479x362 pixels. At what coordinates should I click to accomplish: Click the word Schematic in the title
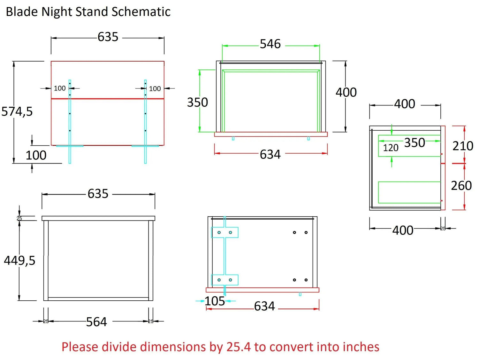141,12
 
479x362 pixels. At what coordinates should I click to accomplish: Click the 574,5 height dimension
17,112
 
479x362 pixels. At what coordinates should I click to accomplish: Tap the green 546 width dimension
270,44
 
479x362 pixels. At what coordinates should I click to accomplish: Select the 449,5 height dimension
19,260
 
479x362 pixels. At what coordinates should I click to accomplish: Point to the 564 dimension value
96,322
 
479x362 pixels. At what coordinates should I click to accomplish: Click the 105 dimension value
215,301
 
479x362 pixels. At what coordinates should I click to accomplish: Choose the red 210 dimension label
463,146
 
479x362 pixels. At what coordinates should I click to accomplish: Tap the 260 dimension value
461,186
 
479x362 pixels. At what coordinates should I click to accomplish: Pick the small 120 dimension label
391,148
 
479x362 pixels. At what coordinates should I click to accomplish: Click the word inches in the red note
361,347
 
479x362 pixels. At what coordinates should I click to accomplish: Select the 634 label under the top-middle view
270,155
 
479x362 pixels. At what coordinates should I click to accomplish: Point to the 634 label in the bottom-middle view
264,306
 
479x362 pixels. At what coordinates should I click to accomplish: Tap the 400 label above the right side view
405,104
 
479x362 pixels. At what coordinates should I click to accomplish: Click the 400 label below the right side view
403,230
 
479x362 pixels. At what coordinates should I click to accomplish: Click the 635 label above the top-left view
108,37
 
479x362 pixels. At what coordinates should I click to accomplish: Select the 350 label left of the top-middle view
197,103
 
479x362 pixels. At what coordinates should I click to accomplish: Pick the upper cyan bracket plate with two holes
225,232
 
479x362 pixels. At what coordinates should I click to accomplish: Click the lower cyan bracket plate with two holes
225,280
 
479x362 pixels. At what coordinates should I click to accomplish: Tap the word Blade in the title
22,12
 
